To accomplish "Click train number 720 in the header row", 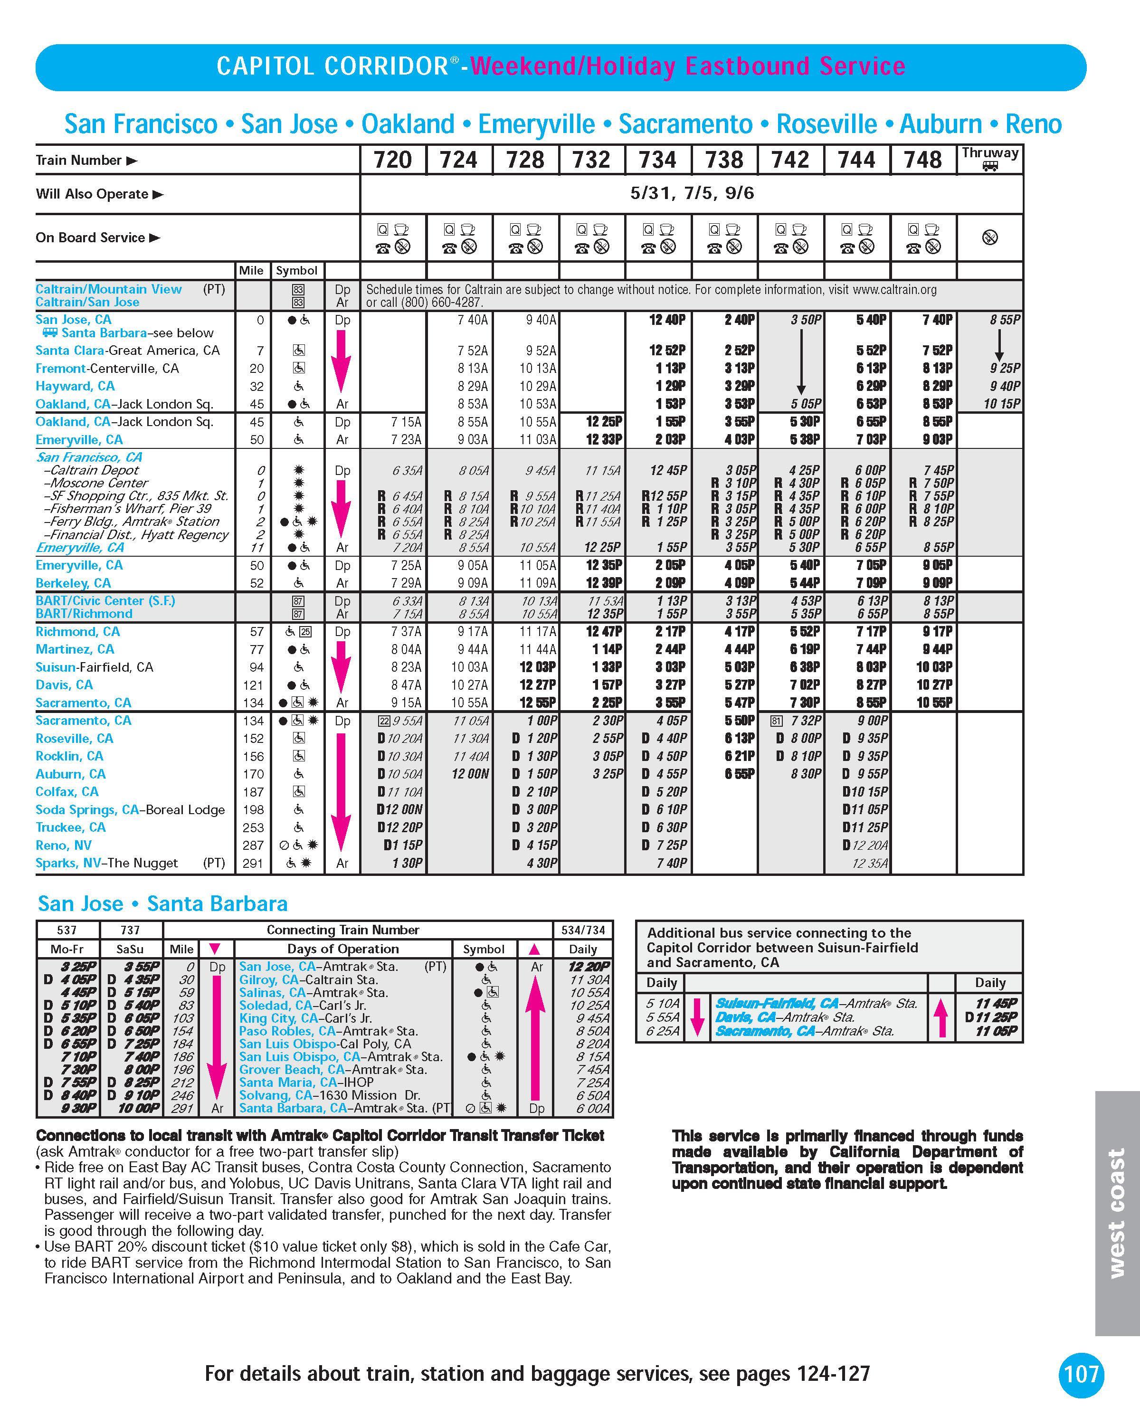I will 392,160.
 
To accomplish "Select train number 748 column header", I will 922,160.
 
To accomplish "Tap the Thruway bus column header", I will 989,159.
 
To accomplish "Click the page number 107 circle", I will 1081,1374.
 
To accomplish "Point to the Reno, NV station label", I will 64,845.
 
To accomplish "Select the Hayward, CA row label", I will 75,386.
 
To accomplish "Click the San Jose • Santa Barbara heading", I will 162,903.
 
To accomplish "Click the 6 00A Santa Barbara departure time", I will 592,1108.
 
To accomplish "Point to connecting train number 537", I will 67,930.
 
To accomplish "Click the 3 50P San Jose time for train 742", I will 806,320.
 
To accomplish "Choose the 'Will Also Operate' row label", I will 92,194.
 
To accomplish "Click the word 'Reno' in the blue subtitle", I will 1033,124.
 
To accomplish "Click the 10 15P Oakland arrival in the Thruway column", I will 1002,404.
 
